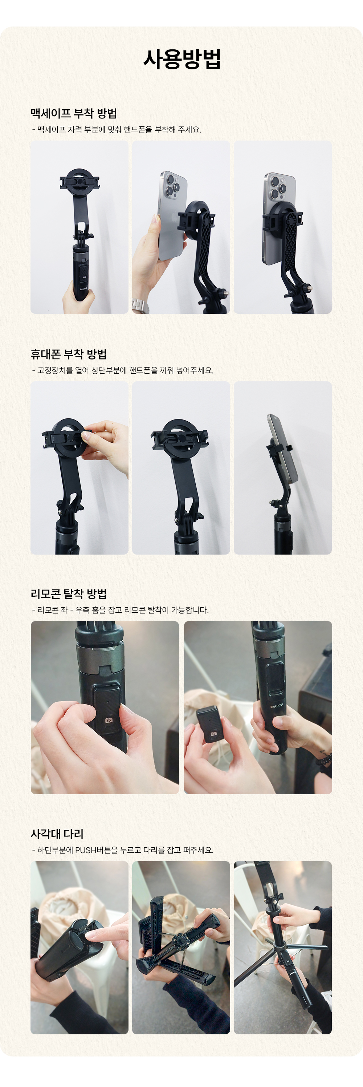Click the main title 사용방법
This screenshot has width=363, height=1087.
point(182,59)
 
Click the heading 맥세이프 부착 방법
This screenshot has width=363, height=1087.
point(73,113)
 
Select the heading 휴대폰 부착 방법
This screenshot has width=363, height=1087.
point(68,354)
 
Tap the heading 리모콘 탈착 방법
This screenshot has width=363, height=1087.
point(68,594)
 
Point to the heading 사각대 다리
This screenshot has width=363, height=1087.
point(57,834)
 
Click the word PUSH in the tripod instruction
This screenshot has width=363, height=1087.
point(86,850)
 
